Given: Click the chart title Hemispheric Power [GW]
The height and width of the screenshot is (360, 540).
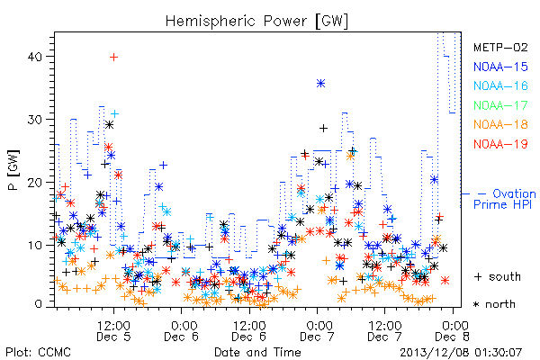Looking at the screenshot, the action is [256, 22].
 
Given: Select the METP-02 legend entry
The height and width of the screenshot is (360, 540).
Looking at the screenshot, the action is [500, 47].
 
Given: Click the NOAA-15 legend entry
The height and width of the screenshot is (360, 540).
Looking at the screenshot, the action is [500, 67].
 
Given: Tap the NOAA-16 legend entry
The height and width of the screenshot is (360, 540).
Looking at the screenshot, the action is [500, 85].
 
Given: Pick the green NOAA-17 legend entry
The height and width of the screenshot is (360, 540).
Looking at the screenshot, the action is [500, 105].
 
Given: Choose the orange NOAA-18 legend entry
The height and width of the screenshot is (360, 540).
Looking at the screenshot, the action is [500, 124].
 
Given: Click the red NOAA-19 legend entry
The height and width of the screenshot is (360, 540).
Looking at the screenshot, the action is [500, 144].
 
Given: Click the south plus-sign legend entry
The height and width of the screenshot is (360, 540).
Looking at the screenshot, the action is [498, 276].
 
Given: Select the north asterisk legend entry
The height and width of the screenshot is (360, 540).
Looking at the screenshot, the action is [494, 304].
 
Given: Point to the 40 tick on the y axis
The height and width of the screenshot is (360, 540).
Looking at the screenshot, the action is [35, 57].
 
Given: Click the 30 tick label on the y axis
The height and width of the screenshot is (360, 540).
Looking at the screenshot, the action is [35, 120].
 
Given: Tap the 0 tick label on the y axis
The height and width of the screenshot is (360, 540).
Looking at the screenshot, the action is [39, 304].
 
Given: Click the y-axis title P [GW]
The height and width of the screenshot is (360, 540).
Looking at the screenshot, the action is [13, 170].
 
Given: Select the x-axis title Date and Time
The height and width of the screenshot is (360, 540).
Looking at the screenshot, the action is [257, 352].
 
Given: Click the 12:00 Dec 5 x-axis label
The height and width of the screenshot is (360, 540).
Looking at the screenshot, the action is [113, 331].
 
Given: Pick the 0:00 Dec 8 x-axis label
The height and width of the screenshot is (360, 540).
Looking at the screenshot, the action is [453, 331].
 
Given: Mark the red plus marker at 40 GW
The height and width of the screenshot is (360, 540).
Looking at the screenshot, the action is [113, 58].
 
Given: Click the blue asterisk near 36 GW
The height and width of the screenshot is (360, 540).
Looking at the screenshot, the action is [321, 84].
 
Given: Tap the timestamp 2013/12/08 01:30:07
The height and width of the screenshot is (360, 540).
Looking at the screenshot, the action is [461, 353].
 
